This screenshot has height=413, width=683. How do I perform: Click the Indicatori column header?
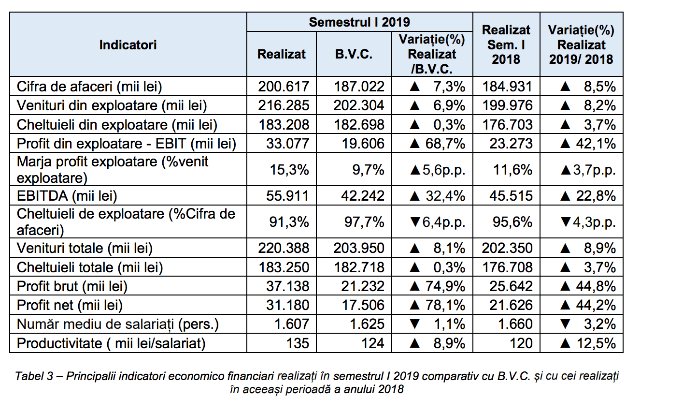pyautogui.click(x=128, y=45)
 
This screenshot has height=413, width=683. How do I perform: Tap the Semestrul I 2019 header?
pyautogui.click(x=359, y=22)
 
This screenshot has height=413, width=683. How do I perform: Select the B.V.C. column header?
pyautogui.click(x=354, y=54)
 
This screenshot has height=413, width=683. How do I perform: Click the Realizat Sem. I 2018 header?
pyautogui.click(x=506, y=44)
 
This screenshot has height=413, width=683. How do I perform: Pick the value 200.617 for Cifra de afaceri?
pyautogui.click(x=284, y=87)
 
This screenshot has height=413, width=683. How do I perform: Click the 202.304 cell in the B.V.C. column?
pyautogui.click(x=358, y=105)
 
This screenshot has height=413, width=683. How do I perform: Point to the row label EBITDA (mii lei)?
pyautogui.click(x=67, y=196)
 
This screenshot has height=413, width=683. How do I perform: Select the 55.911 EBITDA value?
pyautogui.click(x=287, y=196)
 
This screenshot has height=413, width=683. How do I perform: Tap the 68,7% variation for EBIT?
pyautogui.click(x=445, y=144)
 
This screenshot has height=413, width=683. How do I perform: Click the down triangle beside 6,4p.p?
pyautogui.click(x=415, y=222)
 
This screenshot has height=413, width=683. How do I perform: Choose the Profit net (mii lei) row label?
pyautogui.click(x=70, y=305)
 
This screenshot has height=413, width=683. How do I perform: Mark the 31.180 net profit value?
pyautogui.click(x=287, y=305)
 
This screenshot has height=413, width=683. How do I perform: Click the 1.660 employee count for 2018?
pyautogui.click(x=515, y=324)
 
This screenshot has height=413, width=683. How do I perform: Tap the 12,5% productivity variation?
pyautogui.click(x=596, y=343)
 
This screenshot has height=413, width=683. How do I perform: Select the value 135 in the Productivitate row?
pyautogui.click(x=298, y=343)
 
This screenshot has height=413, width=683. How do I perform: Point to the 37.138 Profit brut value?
pyautogui.click(x=287, y=286)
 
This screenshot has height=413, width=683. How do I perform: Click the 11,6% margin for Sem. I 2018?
pyautogui.click(x=512, y=169)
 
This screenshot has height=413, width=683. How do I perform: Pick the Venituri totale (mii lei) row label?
pyautogui.click(x=85, y=248)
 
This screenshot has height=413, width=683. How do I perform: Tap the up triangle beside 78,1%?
pyautogui.click(x=414, y=305)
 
